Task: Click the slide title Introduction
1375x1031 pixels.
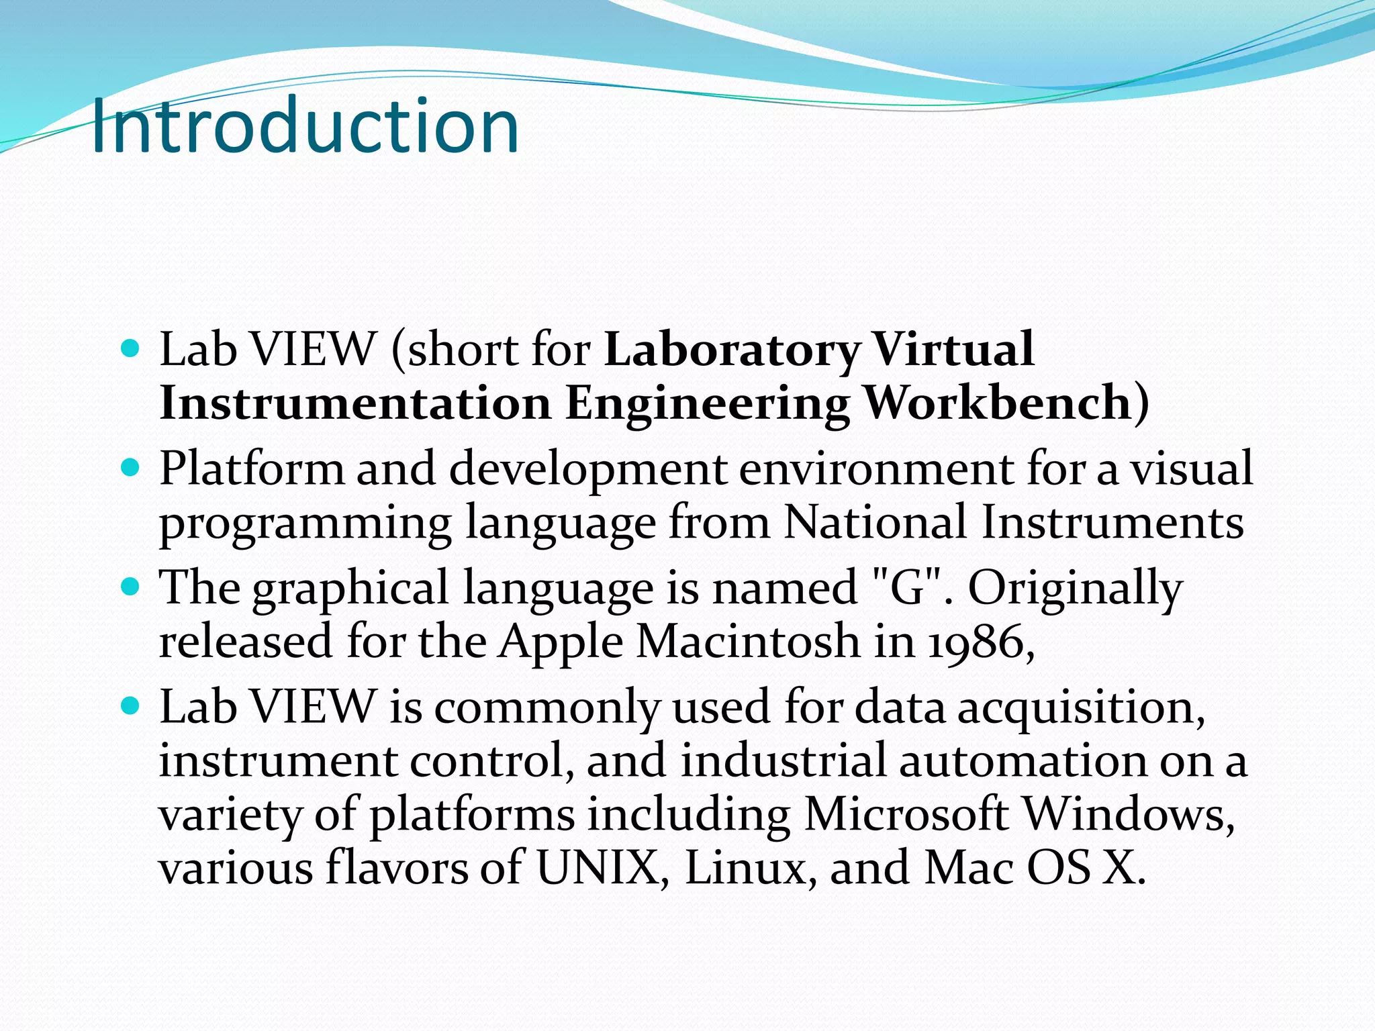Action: [x=304, y=126]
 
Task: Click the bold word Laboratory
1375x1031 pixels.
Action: [x=732, y=350]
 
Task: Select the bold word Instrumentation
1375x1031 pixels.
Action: [x=355, y=403]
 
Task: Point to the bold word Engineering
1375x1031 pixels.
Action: [x=707, y=405]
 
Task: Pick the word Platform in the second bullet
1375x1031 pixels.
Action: [x=251, y=469]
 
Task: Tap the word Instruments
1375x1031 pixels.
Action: [x=1112, y=522]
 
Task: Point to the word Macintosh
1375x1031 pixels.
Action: [x=748, y=641]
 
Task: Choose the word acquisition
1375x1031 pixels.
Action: [x=1080, y=708]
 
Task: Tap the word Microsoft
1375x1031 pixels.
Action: [x=906, y=814]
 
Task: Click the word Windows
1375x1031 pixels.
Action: [x=1128, y=814]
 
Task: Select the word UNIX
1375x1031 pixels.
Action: [x=602, y=868]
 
